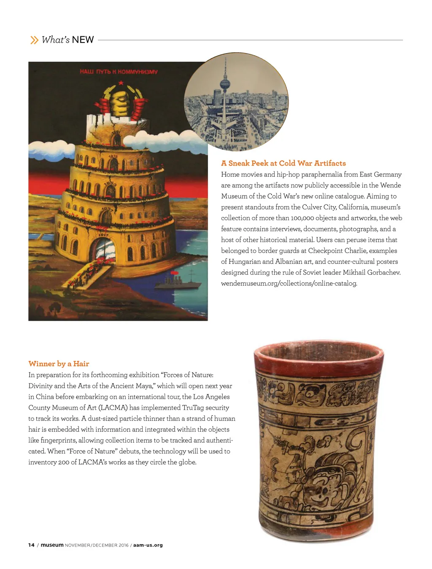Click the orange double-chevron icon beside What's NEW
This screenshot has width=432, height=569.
click(x=34, y=40)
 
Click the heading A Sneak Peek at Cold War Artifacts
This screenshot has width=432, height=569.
click(x=283, y=163)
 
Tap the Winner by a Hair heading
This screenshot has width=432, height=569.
click(x=59, y=364)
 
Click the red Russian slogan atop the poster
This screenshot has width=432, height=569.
click(x=119, y=72)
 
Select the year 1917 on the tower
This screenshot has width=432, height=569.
click(x=103, y=235)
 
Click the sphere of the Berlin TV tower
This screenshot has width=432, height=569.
click(x=225, y=84)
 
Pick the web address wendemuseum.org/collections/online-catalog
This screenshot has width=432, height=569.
click(x=289, y=283)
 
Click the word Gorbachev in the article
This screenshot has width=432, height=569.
click(x=383, y=272)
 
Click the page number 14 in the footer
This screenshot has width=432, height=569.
click(x=31, y=545)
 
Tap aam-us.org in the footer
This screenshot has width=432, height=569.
click(x=148, y=545)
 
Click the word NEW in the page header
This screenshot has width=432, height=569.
click(x=83, y=40)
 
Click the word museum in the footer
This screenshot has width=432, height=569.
click(x=52, y=545)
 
